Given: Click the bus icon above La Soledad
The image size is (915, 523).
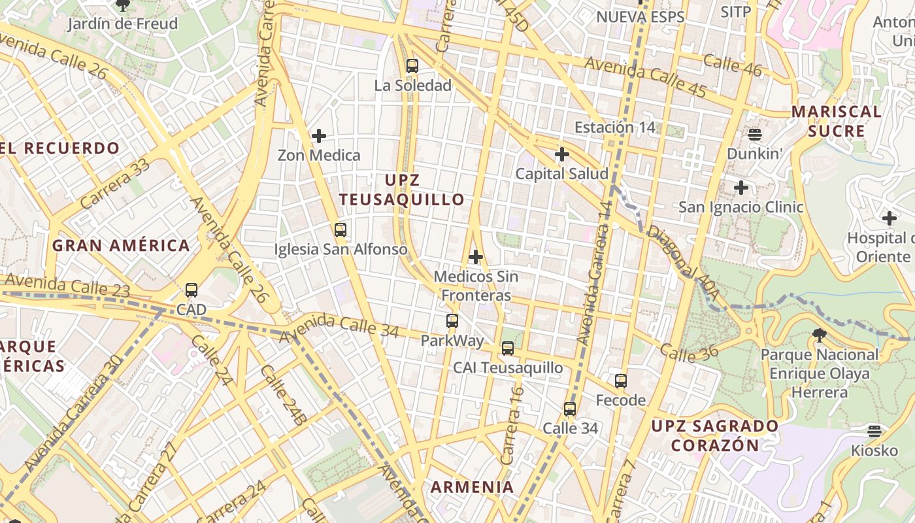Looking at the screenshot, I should [412, 65].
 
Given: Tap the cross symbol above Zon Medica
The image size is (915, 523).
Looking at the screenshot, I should [319, 136].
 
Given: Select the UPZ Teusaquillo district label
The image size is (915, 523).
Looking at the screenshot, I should [402, 190].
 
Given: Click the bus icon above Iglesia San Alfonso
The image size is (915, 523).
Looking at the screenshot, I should [340, 230].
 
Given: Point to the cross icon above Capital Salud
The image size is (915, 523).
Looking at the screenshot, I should [561, 155].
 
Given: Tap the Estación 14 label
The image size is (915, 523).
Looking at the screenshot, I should [614, 127].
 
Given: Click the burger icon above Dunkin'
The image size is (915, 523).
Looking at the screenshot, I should [755, 135].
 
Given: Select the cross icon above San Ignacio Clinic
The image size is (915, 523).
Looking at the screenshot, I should [740, 188].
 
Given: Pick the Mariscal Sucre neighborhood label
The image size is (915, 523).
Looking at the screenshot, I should [837, 121].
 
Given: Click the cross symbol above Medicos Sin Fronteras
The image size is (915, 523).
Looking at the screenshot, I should [476, 257].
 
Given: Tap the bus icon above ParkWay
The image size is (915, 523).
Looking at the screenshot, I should [452, 321].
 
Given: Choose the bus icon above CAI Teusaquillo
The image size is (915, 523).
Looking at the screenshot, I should [508, 348].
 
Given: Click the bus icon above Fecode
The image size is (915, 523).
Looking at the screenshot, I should [621, 380].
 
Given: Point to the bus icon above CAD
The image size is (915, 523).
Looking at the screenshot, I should [191, 290].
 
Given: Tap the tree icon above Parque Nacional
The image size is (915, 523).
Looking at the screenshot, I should [820, 336].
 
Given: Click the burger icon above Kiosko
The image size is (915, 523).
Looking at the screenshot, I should [874, 431].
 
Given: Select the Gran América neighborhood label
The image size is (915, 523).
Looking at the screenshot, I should [121, 246].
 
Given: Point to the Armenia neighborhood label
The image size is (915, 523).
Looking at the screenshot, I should [472, 487].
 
